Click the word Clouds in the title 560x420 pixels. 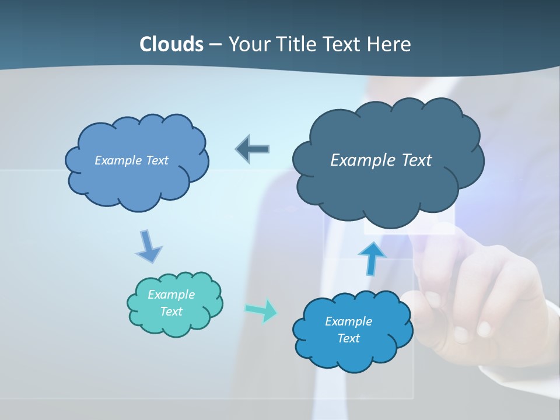[171, 44]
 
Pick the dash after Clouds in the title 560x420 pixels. [215, 45]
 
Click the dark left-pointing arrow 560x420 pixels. [253, 149]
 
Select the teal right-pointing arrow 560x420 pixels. [261, 310]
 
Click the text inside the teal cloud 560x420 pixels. [171, 303]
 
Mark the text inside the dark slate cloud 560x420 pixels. [381, 160]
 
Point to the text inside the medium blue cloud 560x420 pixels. [131, 160]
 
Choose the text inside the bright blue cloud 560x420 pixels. [348, 330]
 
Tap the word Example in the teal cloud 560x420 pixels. [171, 295]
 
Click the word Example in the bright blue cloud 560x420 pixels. [348, 321]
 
